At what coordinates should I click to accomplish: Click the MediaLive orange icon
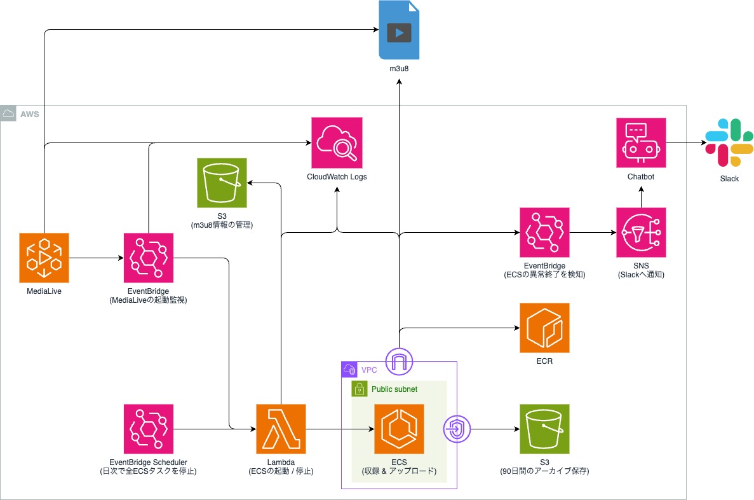point(44,258)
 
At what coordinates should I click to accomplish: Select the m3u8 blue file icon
point(399,31)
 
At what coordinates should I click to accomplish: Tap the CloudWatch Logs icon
point(337,142)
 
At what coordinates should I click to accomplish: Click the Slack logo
point(729,143)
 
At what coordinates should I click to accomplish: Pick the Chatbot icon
point(641,142)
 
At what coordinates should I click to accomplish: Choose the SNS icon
point(641,233)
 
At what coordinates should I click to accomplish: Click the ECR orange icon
point(544,328)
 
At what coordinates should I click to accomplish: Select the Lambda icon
point(281,429)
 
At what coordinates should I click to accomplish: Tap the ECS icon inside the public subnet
point(399,429)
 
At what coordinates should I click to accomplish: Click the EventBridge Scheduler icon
point(148,429)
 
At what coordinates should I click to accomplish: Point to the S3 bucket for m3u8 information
point(222,184)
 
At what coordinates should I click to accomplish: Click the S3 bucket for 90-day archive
point(544,429)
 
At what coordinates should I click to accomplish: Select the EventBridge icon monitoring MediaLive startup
point(148,258)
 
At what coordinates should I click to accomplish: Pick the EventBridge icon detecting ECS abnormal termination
point(544,233)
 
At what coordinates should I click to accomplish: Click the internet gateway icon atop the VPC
point(399,362)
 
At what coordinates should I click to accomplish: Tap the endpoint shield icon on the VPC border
point(457,429)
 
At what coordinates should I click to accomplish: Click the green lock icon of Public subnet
point(360,389)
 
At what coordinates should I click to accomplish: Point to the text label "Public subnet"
point(394,389)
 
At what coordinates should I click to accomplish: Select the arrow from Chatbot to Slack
point(683,143)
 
